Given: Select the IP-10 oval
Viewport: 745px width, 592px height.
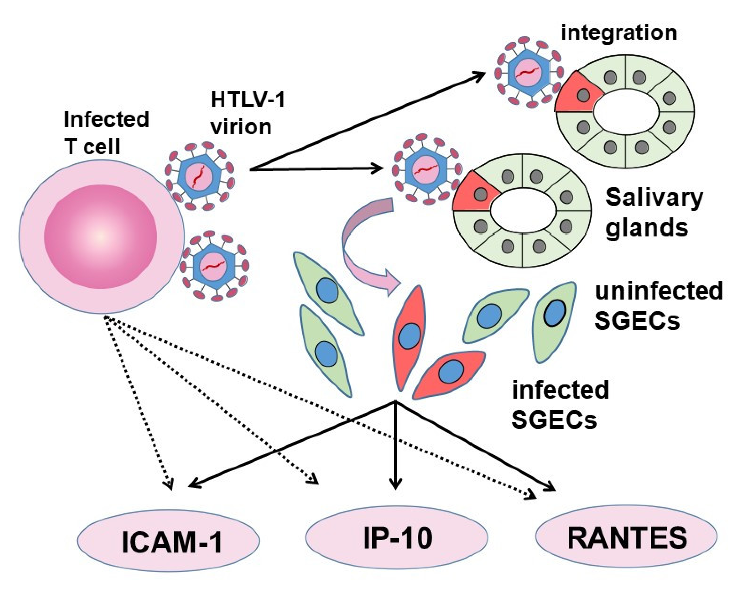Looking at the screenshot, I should (x=397, y=538).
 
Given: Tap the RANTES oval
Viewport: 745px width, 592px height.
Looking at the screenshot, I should (x=626, y=537).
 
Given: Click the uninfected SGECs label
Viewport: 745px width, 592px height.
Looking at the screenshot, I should (x=658, y=305).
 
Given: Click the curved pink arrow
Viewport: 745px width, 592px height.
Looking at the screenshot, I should (x=363, y=242).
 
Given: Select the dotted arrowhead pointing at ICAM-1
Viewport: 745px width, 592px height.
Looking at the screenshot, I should (x=169, y=486).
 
